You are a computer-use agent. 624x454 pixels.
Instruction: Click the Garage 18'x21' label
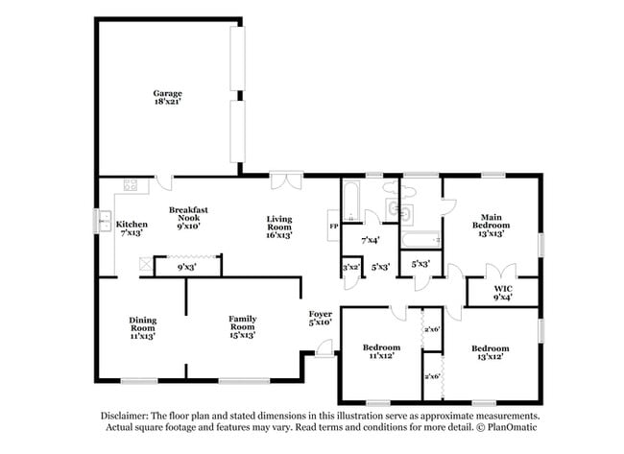click(167, 97)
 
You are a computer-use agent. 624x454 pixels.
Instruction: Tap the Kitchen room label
click(132, 228)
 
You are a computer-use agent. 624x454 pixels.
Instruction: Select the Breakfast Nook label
click(189, 218)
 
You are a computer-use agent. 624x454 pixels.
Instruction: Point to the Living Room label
click(279, 227)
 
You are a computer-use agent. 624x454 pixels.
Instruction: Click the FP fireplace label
click(333, 227)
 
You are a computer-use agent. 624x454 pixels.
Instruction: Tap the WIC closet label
click(503, 292)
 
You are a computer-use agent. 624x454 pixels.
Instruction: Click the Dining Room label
click(143, 328)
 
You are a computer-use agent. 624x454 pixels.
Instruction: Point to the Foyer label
click(320, 318)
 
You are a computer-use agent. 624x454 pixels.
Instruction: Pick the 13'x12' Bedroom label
click(490, 351)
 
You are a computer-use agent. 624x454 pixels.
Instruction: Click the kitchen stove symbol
click(130, 185)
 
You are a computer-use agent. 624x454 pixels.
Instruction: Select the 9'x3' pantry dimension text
click(188, 268)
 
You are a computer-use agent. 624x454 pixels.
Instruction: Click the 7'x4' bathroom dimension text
click(369, 239)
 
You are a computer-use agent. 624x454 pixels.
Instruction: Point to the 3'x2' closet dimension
click(351, 268)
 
